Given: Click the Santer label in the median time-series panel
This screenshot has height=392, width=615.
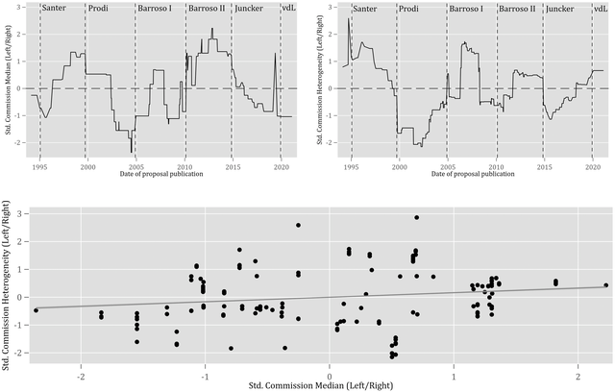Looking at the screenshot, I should pos(55,9).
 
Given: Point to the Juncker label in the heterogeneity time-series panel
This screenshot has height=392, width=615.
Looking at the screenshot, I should pos(561,9).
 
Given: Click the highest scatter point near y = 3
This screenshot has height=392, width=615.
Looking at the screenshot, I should pos(416,217).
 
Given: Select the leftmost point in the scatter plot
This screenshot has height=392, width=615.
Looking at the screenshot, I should pos(36,310).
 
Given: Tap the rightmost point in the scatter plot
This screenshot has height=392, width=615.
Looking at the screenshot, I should pos(605,284).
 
